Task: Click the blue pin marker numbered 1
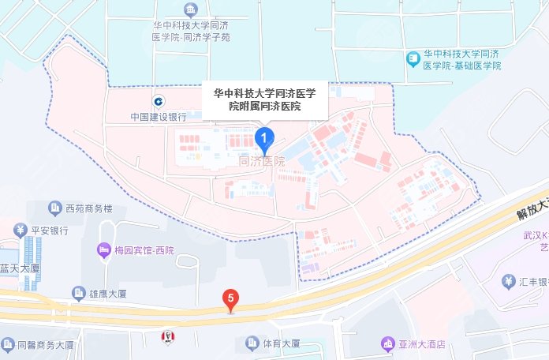click(266, 139)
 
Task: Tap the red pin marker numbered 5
click(230, 299)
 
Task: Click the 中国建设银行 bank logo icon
click(159, 101)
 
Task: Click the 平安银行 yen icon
click(20, 231)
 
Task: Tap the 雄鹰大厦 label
click(113, 292)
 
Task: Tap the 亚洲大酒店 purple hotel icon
click(387, 343)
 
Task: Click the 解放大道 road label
click(530, 204)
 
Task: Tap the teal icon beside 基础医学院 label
click(413, 58)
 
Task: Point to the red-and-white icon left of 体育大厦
click(167, 338)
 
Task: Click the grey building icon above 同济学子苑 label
click(190, 9)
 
